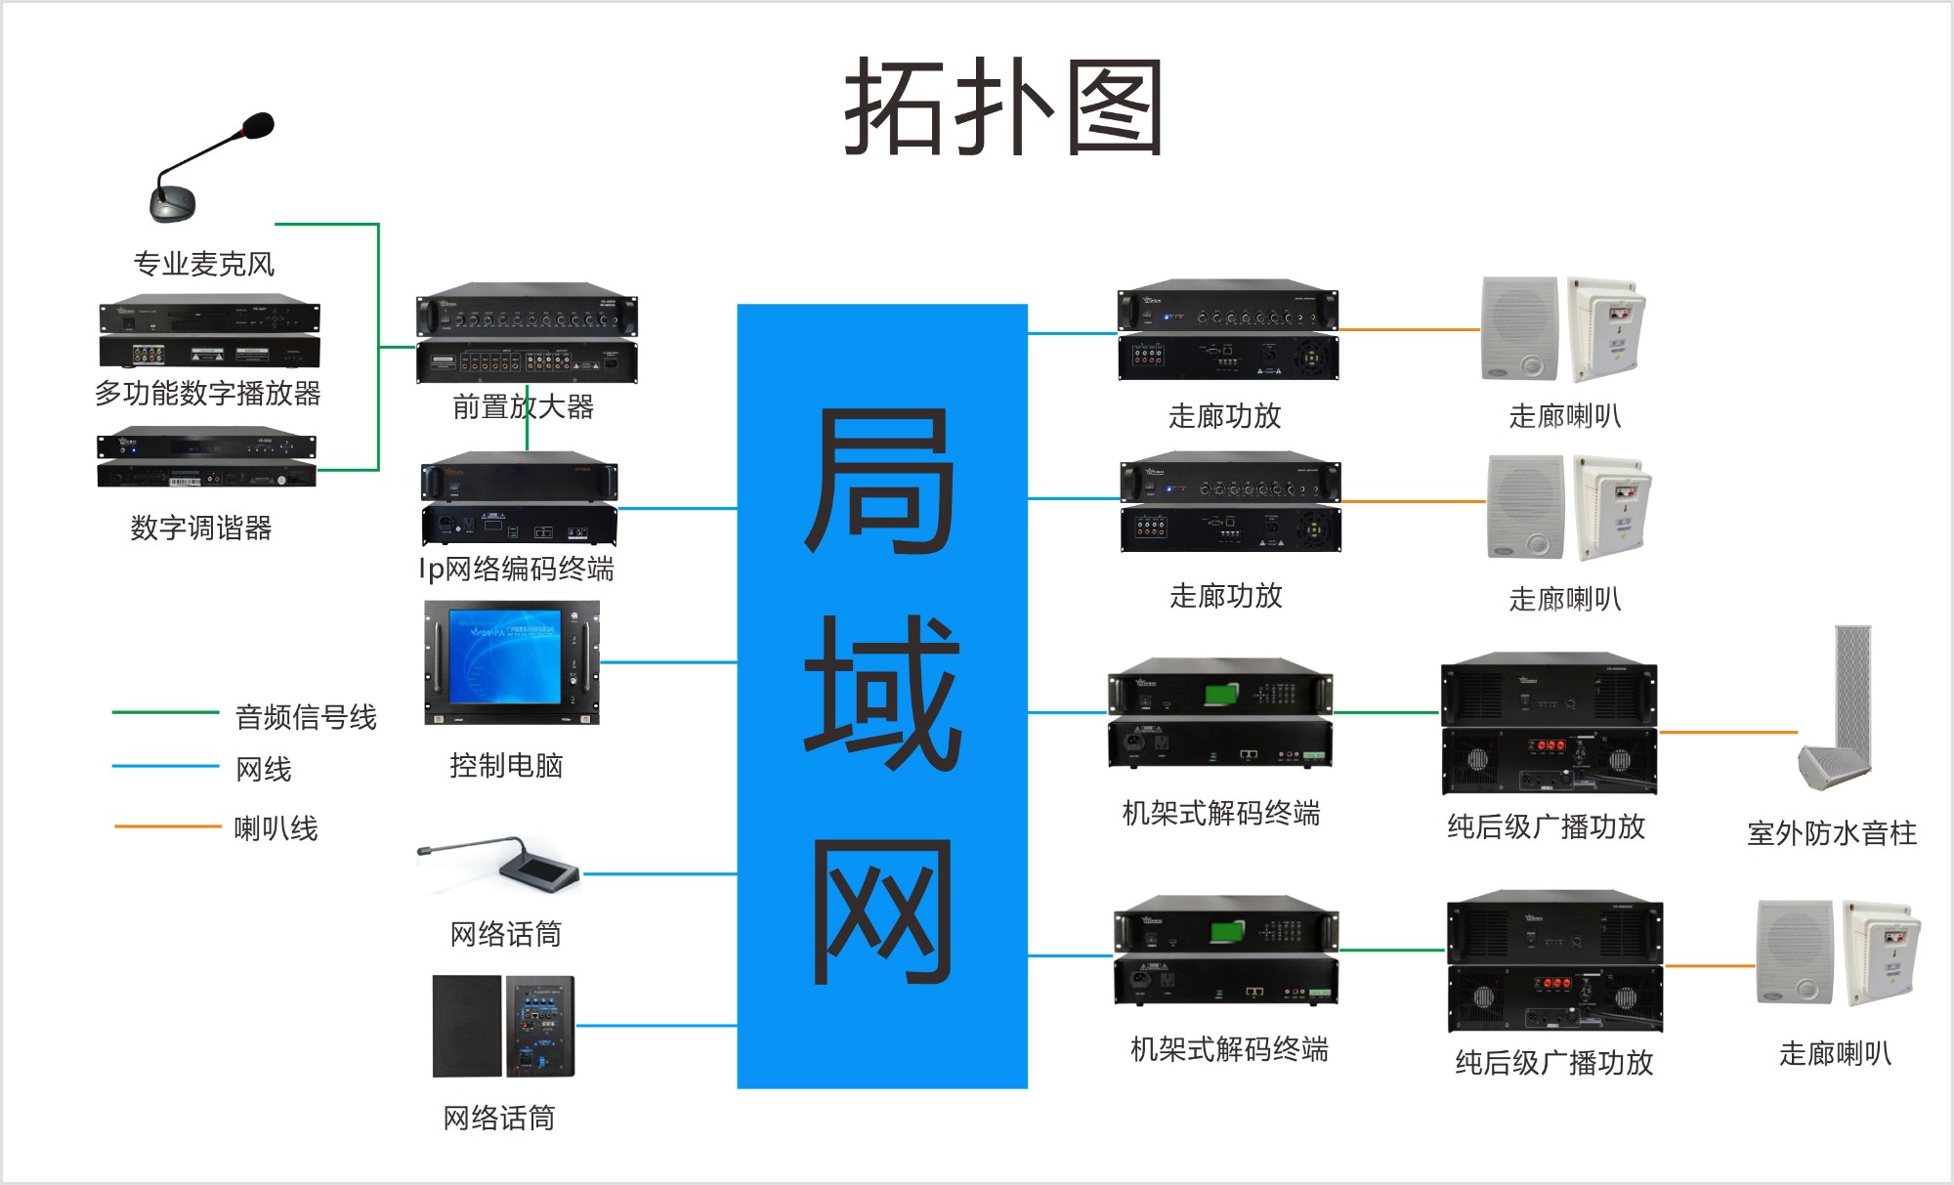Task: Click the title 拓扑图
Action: (x=1003, y=106)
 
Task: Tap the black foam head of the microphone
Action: (x=258, y=126)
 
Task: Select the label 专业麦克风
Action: (x=204, y=264)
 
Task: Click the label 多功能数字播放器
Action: (x=207, y=393)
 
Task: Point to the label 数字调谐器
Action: (x=201, y=528)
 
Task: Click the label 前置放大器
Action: (x=524, y=406)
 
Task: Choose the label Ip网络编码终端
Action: (x=517, y=569)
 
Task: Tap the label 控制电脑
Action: (x=506, y=765)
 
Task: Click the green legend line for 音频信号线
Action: (x=165, y=713)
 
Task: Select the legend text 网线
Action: (x=264, y=769)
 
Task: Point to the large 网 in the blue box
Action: (x=881, y=911)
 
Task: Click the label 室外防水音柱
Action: (x=1832, y=833)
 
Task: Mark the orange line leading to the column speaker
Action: (x=1728, y=732)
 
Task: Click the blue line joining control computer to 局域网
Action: (x=668, y=662)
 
